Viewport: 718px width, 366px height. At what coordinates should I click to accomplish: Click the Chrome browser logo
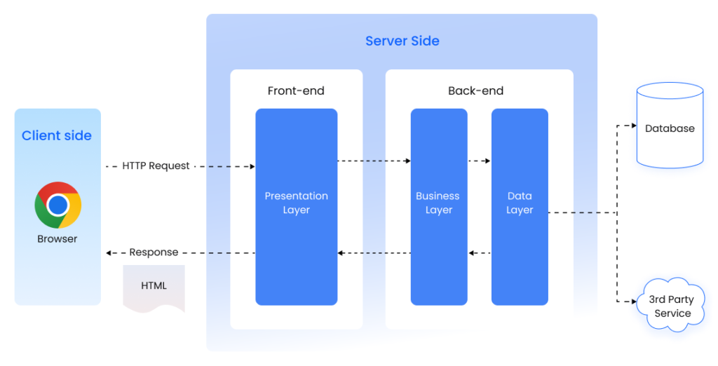[58, 205]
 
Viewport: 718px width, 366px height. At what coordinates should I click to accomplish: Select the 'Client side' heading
[57, 136]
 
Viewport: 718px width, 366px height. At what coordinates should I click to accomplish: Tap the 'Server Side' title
[402, 41]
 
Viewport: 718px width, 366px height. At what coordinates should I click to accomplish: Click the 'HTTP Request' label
[156, 166]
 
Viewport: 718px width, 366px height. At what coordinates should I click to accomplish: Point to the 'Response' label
[154, 252]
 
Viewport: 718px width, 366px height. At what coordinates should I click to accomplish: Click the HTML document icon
[154, 287]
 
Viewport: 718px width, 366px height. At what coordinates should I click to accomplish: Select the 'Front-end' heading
[296, 90]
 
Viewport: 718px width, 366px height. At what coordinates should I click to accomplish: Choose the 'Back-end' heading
[475, 90]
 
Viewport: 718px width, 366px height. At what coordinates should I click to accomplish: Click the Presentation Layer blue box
[296, 206]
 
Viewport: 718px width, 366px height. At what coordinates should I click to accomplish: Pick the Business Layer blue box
[438, 206]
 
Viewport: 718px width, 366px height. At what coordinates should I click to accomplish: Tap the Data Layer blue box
[520, 206]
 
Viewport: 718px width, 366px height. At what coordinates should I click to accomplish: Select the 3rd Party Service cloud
[672, 306]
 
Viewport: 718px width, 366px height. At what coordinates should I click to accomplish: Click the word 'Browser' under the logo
[57, 239]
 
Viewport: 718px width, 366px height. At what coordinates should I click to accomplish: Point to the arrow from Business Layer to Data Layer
[479, 161]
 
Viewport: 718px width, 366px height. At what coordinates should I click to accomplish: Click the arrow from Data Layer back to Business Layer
[479, 252]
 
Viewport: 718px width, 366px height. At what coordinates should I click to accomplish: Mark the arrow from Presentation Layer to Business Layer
[374, 161]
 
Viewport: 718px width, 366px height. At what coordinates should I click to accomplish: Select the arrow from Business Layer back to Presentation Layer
[374, 252]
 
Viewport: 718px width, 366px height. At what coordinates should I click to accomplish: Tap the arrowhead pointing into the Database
[630, 126]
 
